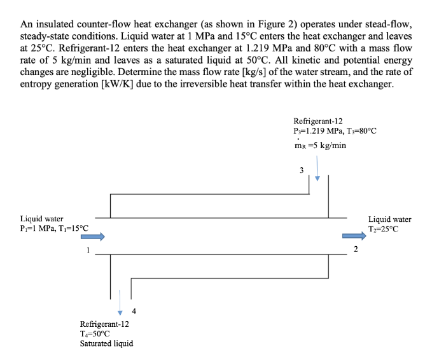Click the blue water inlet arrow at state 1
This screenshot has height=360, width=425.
pos(92,237)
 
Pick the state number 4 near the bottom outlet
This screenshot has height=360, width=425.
pos(134,311)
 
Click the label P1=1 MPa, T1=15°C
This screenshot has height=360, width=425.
pos(54,228)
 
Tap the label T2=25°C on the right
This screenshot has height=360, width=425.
pos(384,229)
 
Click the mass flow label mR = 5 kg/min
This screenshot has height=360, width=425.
pos(320,145)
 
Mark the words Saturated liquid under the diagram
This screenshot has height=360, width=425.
pos(106,343)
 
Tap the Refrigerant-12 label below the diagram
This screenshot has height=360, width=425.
pos(104,323)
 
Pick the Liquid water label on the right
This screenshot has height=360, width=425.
pos(390,219)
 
